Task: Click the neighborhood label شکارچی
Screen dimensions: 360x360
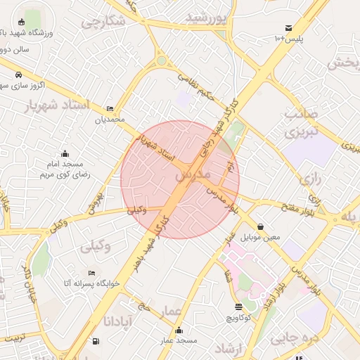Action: (x=103, y=22)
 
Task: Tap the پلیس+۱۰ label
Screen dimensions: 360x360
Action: (x=288, y=39)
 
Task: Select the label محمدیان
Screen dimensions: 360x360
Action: (x=110, y=120)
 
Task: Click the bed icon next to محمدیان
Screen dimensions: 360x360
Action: (x=110, y=108)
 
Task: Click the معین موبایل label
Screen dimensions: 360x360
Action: (x=261, y=237)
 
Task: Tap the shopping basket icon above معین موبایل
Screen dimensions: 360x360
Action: (x=261, y=226)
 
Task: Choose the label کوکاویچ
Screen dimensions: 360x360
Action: (x=238, y=318)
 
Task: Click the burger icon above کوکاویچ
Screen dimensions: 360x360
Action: (x=238, y=307)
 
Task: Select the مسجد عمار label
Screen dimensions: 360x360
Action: (x=179, y=340)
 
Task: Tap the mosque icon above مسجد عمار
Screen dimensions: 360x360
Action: (x=179, y=330)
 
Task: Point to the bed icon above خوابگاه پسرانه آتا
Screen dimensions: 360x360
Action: (x=91, y=273)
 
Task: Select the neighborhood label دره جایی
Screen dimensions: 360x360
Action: (x=293, y=338)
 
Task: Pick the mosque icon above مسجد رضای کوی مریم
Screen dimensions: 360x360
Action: (x=65, y=153)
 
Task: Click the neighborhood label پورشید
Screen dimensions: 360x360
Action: (x=207, y=17)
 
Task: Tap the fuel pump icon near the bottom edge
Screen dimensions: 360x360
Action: (x=96, y=342)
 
